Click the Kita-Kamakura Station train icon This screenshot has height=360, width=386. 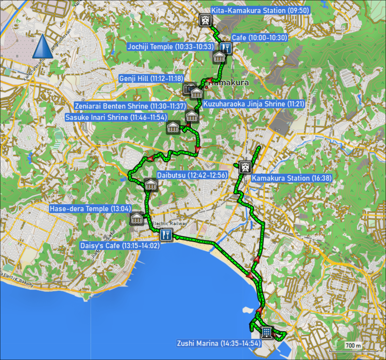pos(205,20)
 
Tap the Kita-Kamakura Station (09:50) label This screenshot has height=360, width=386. pos(260,11)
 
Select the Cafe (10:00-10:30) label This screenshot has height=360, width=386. pos(259,38)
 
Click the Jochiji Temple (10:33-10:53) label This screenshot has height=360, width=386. pos(170,47)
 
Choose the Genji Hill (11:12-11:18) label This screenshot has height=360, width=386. pos(151,78)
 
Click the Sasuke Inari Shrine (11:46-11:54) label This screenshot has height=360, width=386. pos(116,117)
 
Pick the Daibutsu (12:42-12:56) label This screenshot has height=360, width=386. pos(192,175)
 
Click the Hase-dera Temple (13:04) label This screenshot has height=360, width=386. pos(88,209)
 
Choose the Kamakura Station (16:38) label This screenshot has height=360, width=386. pos(291,178)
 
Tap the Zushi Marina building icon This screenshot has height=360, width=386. pos(266,332)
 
